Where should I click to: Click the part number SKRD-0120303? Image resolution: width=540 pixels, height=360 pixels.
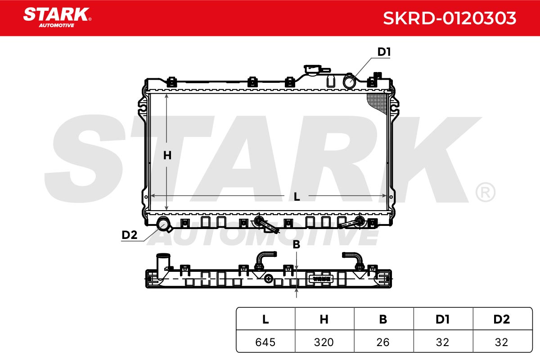point(450,18)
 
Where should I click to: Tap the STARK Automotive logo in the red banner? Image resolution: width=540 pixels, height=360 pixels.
point(57,18)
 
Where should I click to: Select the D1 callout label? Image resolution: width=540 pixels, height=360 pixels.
point(384,52)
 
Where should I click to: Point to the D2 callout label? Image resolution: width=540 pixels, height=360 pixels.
point(130,235)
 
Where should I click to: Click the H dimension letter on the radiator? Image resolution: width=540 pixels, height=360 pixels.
point(167,156)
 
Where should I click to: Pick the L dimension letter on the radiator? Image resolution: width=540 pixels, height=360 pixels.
point(297,197)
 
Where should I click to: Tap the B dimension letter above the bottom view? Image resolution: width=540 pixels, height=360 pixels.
point(296,244)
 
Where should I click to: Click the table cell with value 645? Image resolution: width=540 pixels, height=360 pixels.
point(265,342)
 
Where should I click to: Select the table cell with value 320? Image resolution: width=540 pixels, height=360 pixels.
point(324,342)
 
